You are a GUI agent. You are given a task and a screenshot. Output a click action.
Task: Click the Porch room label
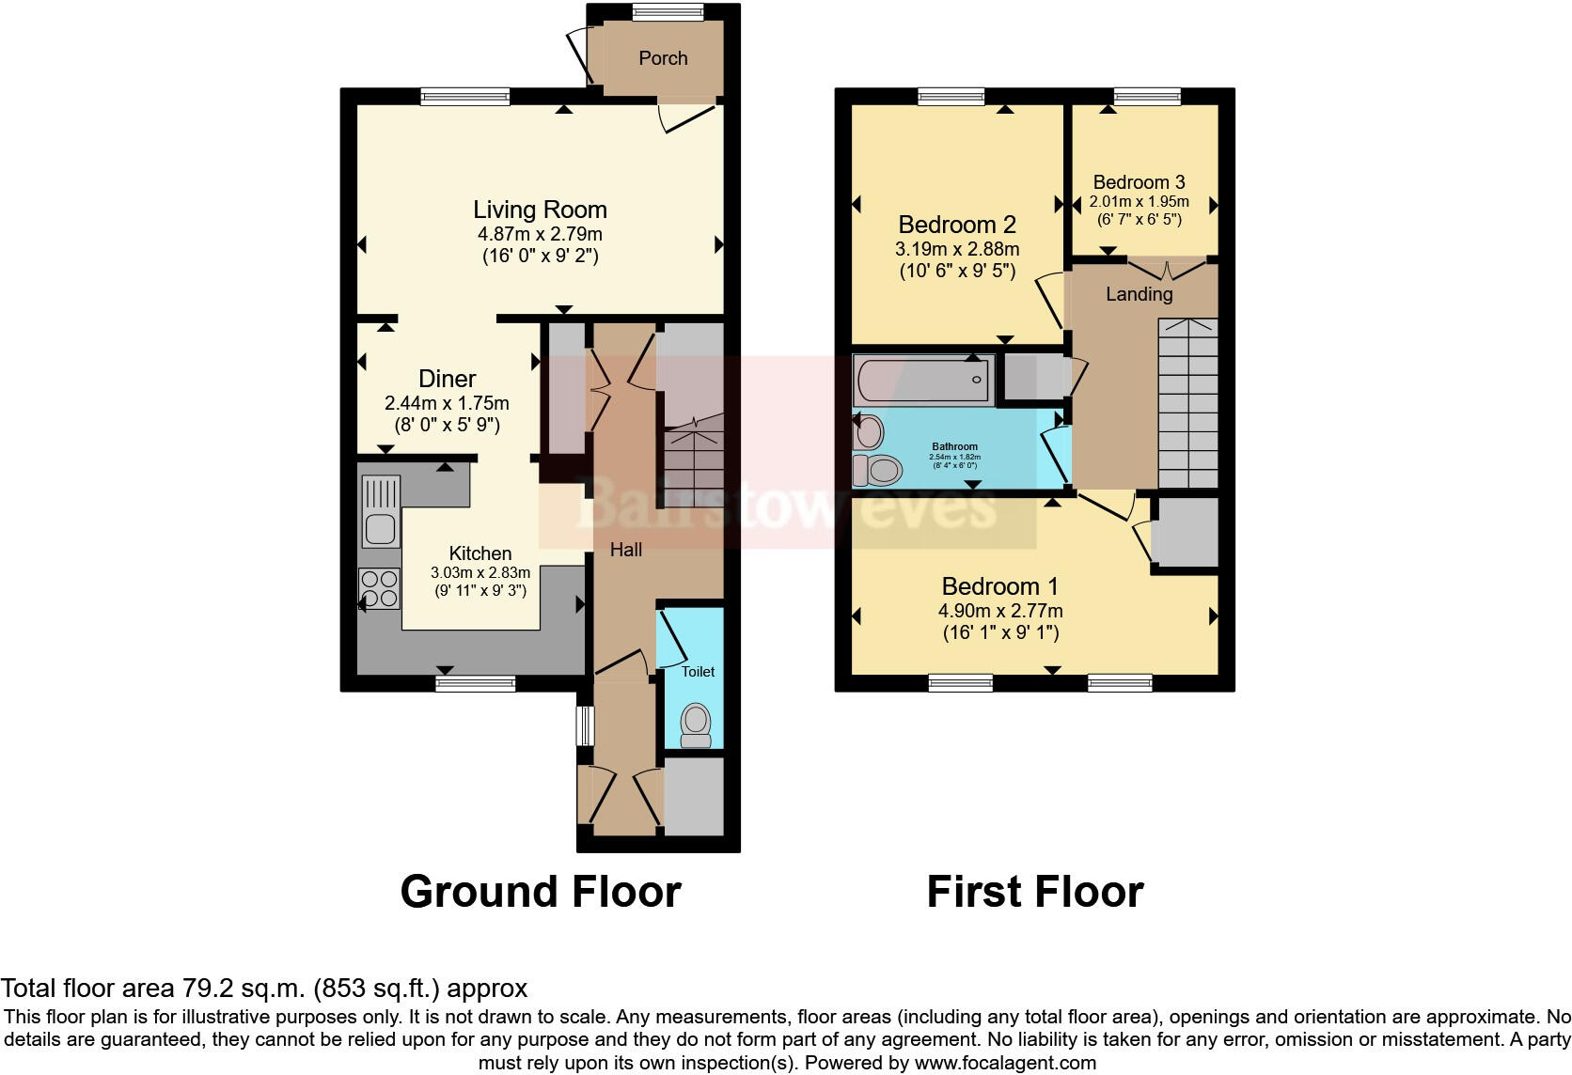pos(663,58)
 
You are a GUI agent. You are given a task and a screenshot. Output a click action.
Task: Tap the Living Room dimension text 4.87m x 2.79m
pos(540,234)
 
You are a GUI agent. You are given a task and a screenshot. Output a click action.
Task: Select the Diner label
pos(447,379)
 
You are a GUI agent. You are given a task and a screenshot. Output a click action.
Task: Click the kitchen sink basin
pos(381,529)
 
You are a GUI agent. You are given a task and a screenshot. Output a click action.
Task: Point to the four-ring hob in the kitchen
pos(379,589)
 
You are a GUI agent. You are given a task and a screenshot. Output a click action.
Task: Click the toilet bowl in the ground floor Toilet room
pos(696,722)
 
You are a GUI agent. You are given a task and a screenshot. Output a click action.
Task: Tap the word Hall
pos(626,550)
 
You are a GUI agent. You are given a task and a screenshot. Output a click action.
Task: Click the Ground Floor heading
pos(540,891)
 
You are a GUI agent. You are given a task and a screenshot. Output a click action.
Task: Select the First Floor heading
pos(1034,891)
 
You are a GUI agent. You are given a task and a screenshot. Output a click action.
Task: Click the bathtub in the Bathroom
pos(924,380)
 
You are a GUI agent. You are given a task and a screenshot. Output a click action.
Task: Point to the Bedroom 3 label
pos(1139,182)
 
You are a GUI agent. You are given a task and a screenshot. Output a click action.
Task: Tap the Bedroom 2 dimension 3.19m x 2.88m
pos(957,250)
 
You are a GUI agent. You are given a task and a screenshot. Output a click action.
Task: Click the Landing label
pos(1139,294)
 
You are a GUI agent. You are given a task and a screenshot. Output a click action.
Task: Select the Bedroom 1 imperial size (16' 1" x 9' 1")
pos(1000,632)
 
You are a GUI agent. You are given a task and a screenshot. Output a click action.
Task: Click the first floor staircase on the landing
pos(1187,404)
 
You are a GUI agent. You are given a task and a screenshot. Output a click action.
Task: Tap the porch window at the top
pos(668,11)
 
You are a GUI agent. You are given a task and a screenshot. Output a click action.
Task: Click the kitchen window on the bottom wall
pos(475,683)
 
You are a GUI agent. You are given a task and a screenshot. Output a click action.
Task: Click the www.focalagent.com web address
pos(1005,1064)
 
